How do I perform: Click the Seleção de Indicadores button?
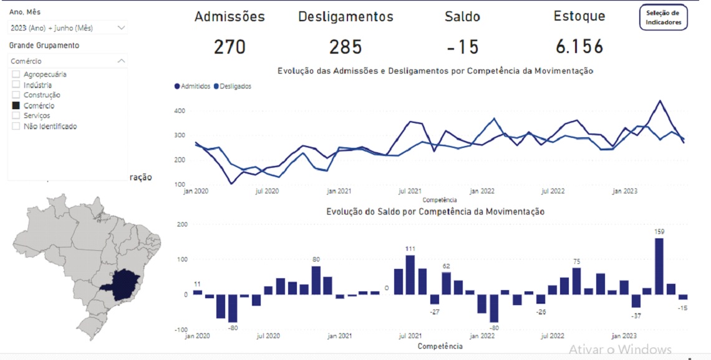[x=664, y=17]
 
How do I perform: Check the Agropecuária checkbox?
[x=16, y=74]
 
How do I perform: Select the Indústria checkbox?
[x=16, y=85]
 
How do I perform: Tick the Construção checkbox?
[x=16, y=95]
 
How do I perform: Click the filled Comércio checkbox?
[x=16, y=105]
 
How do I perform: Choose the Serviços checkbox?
[x=16, y=115]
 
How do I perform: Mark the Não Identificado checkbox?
[x=16, y=126]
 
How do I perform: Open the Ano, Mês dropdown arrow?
[x=121, y=27]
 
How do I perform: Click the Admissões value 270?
[x=230, y=47]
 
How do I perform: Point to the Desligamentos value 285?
[x=346, y=47]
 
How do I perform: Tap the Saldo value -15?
[x=462, y=47]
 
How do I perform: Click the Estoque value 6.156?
[x=579, y=47]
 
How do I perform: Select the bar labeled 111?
[x=410, y=275]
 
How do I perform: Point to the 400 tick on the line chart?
[x=180, y=111]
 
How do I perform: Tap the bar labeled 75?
[x=576, y=281]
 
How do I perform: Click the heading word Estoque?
[x=579, y=16]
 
